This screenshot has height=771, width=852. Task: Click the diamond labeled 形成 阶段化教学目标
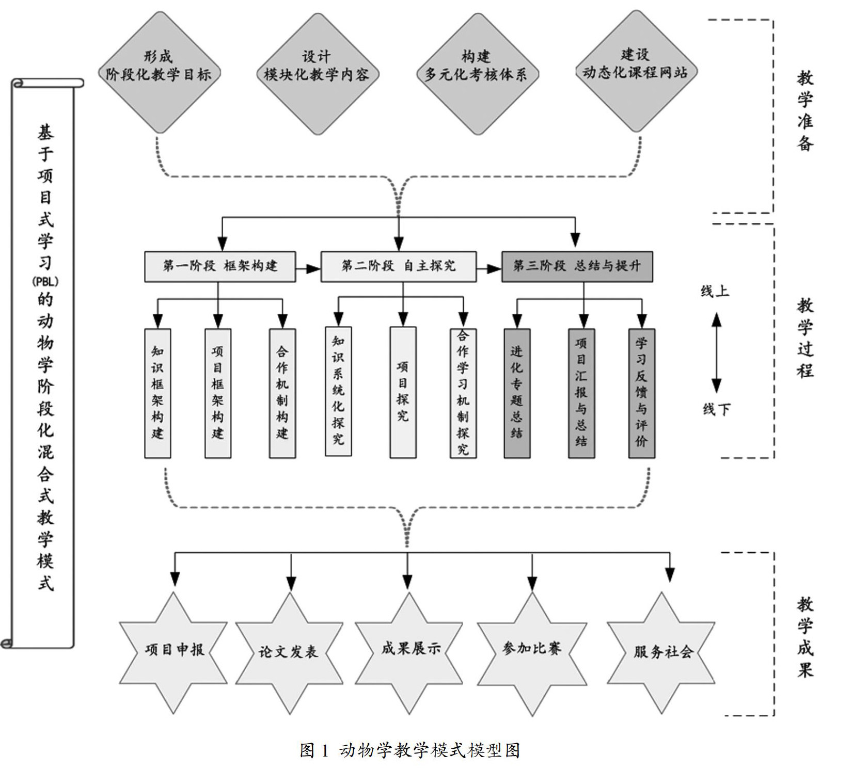coord(159,73)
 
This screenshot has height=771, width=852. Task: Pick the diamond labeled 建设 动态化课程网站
coord(635,72)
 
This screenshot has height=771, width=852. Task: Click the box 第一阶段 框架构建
coord(220,266)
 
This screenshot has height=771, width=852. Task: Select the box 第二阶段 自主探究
coord(398,266)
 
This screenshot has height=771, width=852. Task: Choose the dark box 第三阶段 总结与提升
coord(577,266)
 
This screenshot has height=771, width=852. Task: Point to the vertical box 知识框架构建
coord(157,393)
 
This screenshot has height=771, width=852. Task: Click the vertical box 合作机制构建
coord(282,393)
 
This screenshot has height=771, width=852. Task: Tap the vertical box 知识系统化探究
coord(338,391)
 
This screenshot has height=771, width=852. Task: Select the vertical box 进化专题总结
coord(516,393)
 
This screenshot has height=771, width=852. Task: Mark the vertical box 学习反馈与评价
coord(641,393)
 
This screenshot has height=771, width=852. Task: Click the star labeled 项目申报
coord(174,651)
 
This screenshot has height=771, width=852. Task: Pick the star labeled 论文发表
coord(289,652)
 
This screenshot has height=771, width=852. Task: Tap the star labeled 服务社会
coord(662,652)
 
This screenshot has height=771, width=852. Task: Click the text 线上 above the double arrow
coord(715,292)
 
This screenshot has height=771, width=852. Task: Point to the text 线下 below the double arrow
coord(716,410)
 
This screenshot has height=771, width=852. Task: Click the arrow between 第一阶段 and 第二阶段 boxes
coord(308,268)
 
